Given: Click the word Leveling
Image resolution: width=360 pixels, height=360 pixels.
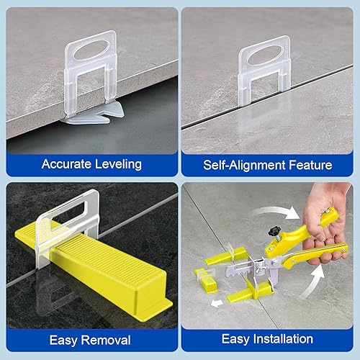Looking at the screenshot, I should [117, 164].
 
